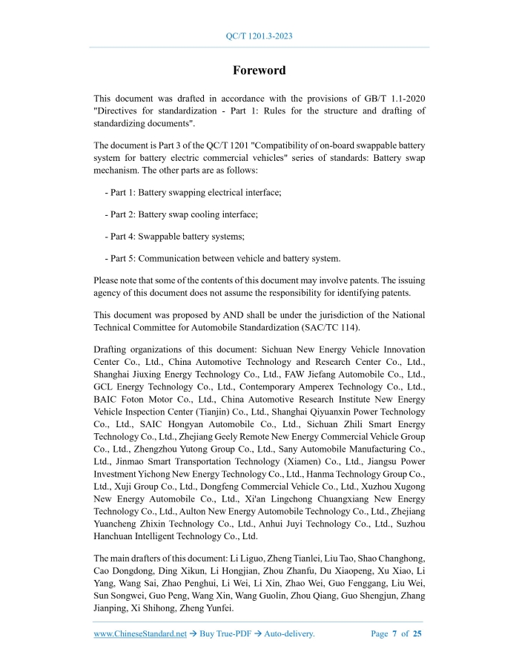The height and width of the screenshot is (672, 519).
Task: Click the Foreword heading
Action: click(259, 70)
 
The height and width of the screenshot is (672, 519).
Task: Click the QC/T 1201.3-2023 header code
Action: click(259, 36)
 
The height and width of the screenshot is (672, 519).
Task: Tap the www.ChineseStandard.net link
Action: click(140, 633)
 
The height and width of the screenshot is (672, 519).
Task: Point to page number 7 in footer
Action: click(395, 633)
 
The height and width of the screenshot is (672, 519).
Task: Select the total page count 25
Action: click(417, 633)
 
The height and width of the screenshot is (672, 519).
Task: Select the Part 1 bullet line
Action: click(193, 192)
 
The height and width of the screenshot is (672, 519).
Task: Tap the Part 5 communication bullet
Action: click(222, 258)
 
